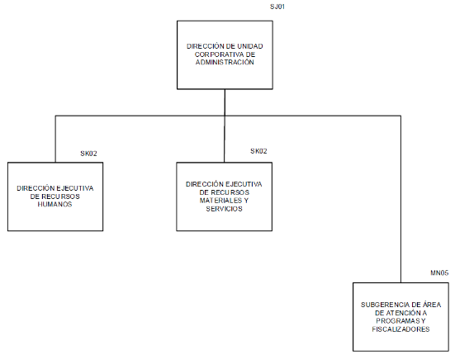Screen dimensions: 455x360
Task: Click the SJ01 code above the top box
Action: click(x=277, y=7)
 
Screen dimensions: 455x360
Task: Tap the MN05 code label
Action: click(x=439, y=272)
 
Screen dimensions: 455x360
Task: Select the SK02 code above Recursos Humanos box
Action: click(x=88, y=154)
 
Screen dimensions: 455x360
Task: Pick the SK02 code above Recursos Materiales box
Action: click(x=258, y=151)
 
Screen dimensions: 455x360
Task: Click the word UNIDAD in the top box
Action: click(x=250, y=46)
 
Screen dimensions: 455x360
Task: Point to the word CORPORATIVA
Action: click(x=216, y=54)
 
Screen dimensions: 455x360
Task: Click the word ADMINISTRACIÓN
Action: click(x=225, y=62)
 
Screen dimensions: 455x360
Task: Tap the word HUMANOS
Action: click(x=55, y=204)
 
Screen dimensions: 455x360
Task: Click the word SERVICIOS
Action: click(x=224, y=209)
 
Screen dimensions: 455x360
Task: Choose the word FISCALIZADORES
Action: click(x=400, y=329)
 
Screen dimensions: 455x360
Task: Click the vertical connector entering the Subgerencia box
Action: click(x=400, y=199)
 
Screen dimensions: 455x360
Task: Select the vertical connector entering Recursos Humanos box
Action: click(x=55, y=140)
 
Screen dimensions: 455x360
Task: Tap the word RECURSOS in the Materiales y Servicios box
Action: click(x=232, y=192)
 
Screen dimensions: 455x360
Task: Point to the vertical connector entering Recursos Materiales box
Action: click(x=225, y=140)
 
